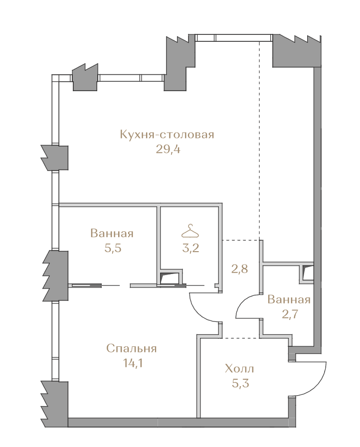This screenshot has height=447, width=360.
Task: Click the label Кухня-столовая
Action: click(x=167, y=135)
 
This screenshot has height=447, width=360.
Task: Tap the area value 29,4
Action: click(x=168, y=149)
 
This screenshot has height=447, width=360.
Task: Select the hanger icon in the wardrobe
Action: click(x=190, y=231)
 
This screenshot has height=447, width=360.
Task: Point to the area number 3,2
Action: click(x=190, y=248)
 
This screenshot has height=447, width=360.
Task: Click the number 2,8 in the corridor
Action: click(x=239, y=269)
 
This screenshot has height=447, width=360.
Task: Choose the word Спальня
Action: click(x=132, y=348)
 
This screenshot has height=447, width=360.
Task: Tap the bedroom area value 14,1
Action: click(x=133, y=363)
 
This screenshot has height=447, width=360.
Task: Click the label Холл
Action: click(x=239, y=369)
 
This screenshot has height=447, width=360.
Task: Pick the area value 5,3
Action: click(x=240, y=383)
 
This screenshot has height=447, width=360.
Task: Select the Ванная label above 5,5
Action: click(x=112, y=234)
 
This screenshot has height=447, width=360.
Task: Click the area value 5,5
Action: click(x=113, y=248)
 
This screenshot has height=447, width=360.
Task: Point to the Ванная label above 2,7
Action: click(x=289, y=300)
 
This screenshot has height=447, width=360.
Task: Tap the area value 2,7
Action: click(x=290, y=314)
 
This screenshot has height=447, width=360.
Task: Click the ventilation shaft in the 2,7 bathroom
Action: click(x=308, y=273)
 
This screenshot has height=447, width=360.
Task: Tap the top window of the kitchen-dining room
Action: click(x=234, y=38)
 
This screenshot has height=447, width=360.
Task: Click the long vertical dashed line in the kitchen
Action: click(x=259, y=140)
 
